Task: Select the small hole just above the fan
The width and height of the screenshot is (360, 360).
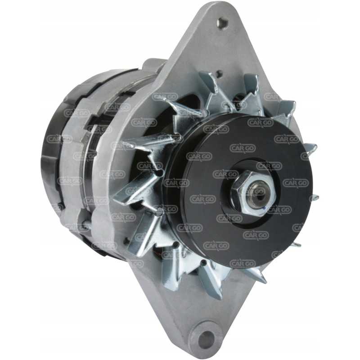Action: coord(220,73)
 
